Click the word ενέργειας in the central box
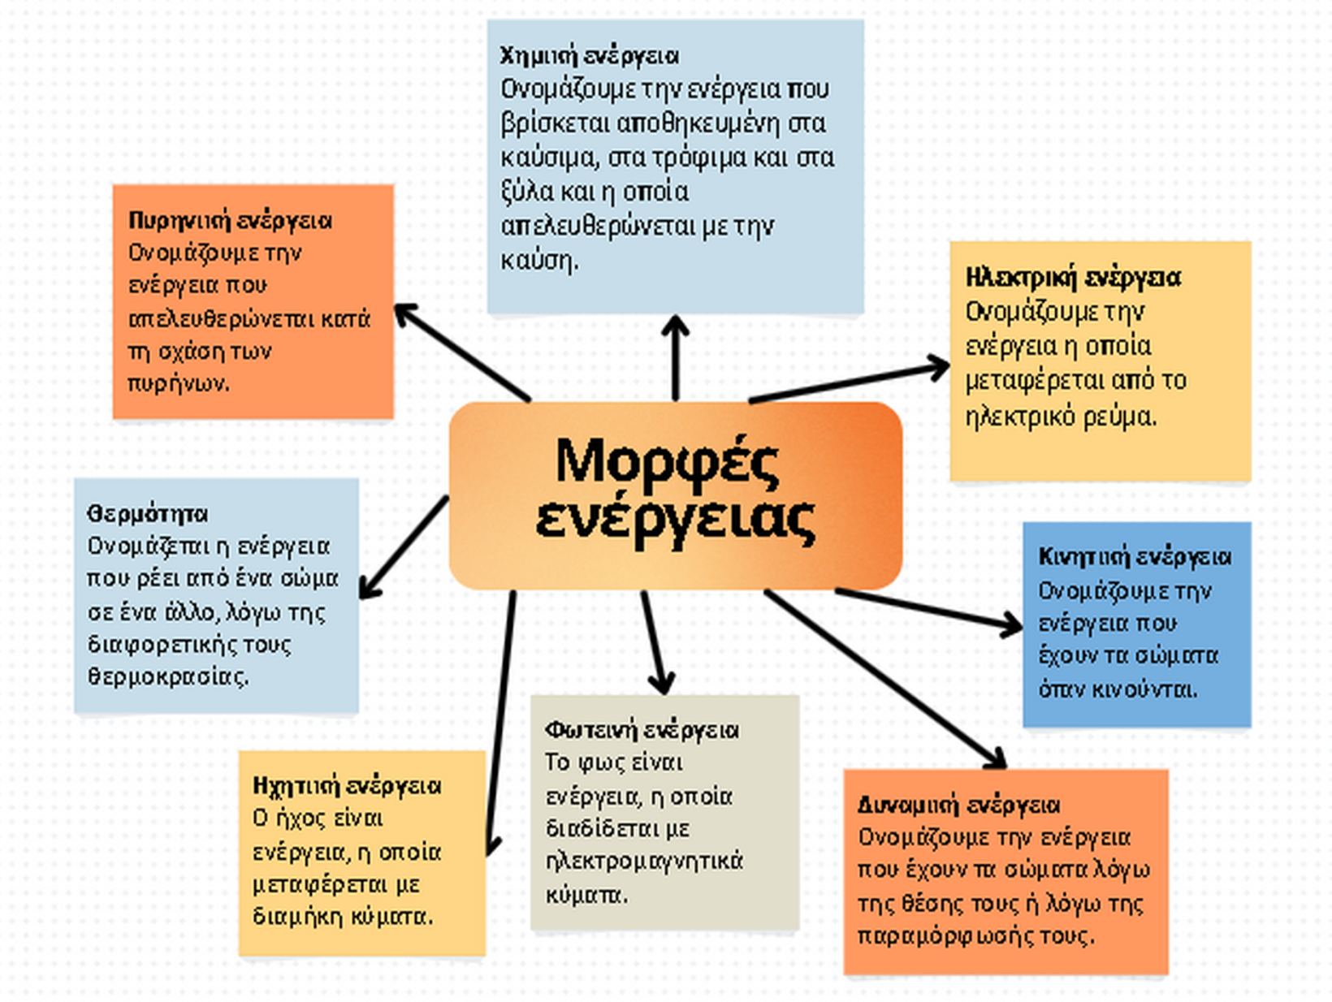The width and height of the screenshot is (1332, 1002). coord(675,520)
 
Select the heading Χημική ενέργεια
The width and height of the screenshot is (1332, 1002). coord(589,56)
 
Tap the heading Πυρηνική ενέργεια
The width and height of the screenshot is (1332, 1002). coord(230,221)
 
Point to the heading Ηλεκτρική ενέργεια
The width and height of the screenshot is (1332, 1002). coord(1073,278)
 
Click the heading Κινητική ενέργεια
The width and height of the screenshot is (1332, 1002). coord(1135,557)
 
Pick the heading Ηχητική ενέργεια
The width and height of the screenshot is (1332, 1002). coord(347,786)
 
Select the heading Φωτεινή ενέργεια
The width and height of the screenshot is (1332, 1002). coord(642,730)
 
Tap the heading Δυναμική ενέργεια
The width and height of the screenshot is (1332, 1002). coord(958,805)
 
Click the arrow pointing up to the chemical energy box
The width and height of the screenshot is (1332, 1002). coord(675,357)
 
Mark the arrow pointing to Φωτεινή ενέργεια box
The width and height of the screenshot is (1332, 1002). coord(655,641)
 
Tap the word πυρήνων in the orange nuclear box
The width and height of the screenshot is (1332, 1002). coord(179,383)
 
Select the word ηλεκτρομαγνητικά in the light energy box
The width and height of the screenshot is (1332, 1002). coord(644,862)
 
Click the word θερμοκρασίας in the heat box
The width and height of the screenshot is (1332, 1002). coord(167,676)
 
